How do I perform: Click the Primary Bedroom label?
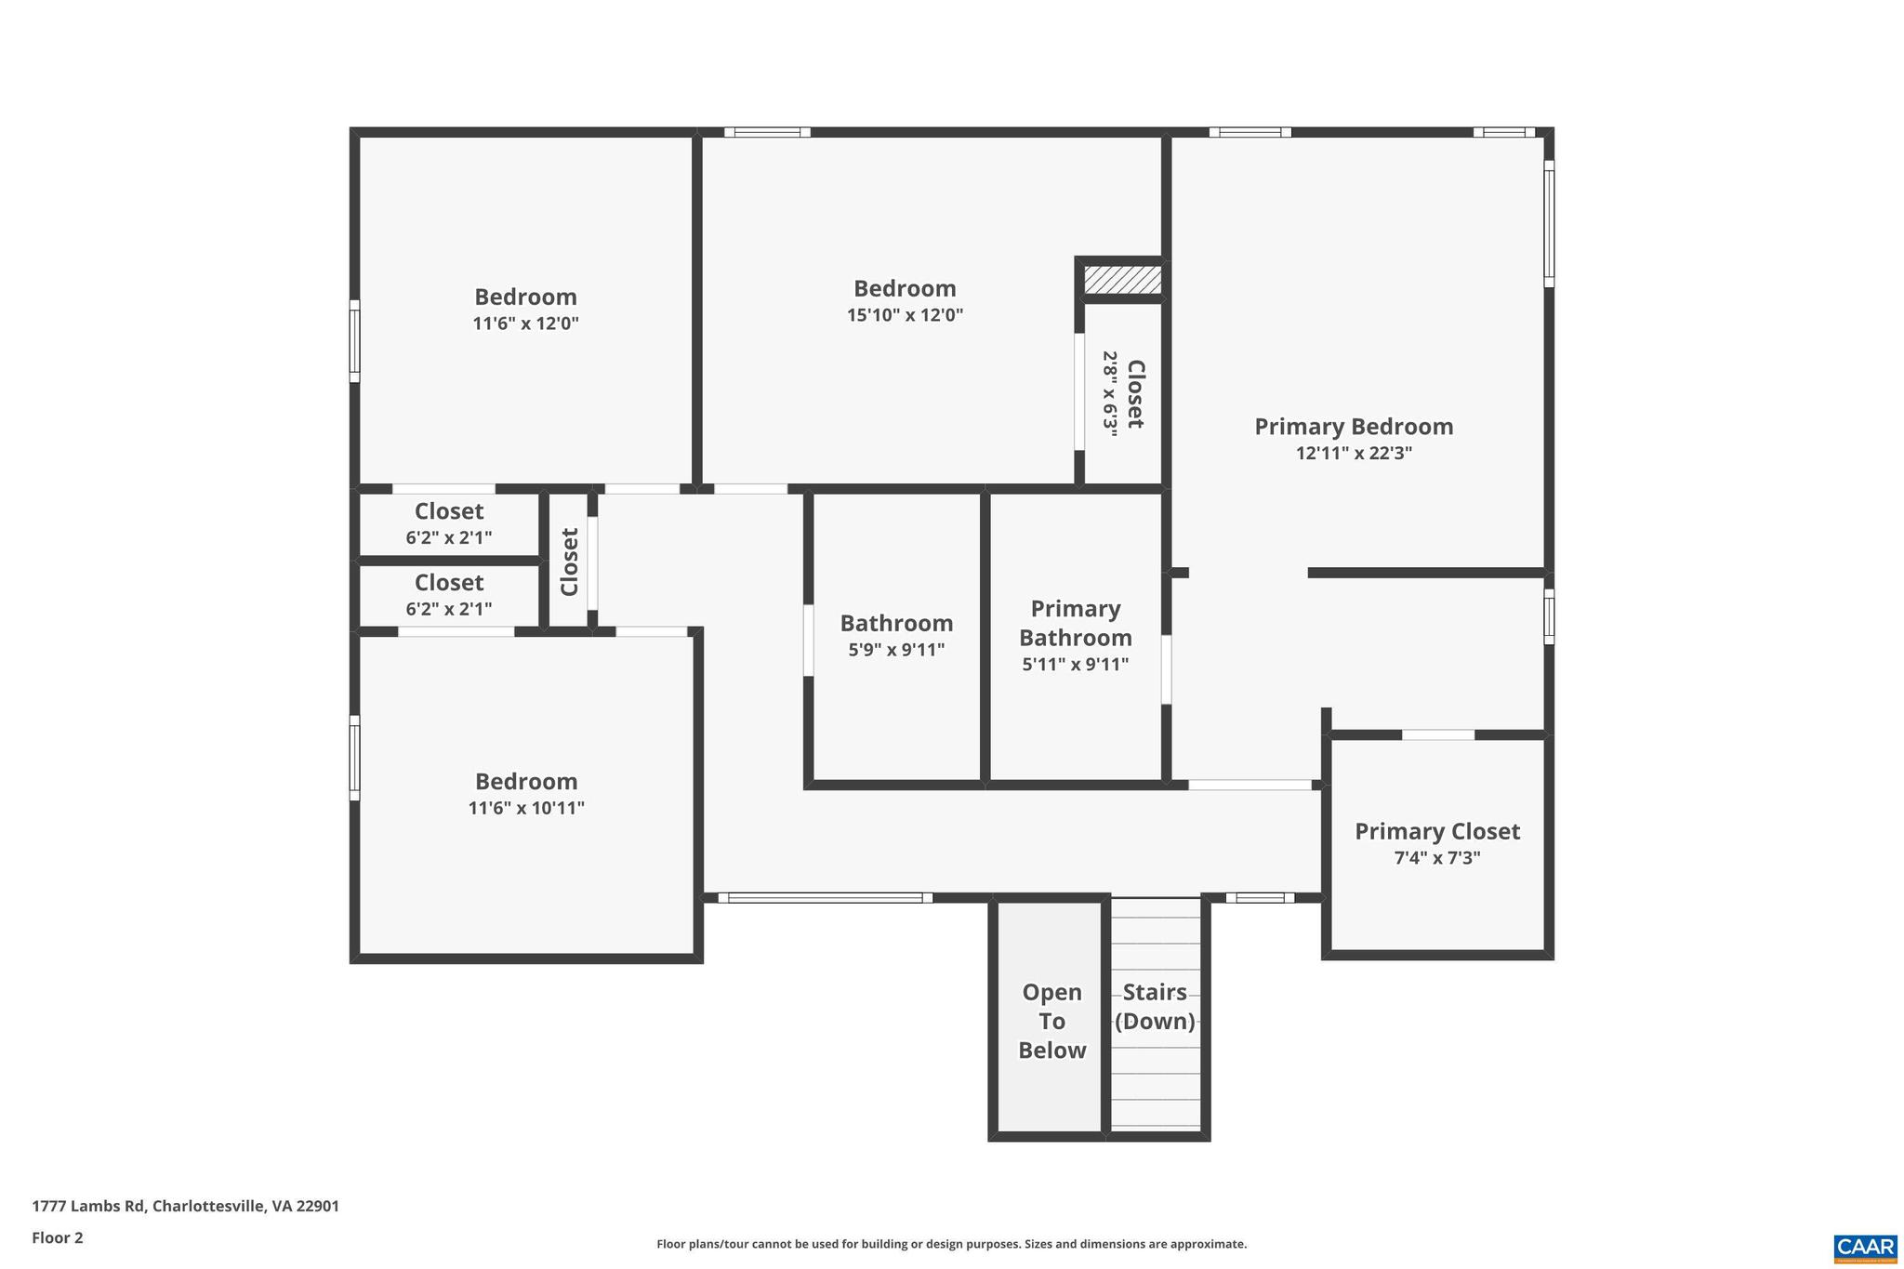1354,427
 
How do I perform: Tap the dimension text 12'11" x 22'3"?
1354,454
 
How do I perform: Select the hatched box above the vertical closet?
1122,280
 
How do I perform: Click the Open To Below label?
1051,1021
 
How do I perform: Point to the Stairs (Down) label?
1155,1007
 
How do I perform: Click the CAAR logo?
1865,1247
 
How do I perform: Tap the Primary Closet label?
1436,831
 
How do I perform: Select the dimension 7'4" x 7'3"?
1436,858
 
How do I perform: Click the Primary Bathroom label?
1076,623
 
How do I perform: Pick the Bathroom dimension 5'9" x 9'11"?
896,650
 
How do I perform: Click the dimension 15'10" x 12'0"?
905,315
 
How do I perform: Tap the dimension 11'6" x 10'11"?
526,808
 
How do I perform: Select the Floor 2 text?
58,1237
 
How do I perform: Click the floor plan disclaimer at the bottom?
951,1244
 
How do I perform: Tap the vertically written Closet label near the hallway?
569,562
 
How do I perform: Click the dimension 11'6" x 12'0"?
525,324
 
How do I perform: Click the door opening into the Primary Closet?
1437,735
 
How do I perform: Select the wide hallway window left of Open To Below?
825,898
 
